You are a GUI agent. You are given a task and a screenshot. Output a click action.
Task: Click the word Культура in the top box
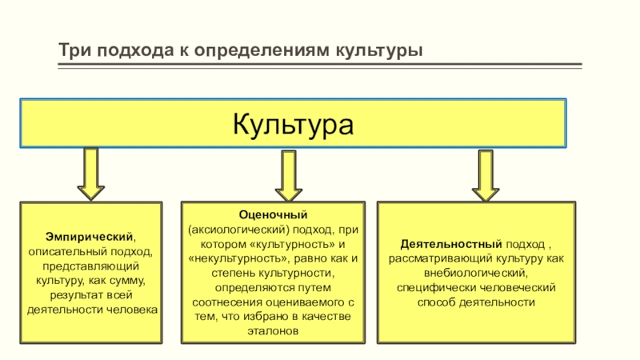(293, 125)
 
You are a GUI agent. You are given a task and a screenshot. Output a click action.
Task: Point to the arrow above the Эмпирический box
(91, 174)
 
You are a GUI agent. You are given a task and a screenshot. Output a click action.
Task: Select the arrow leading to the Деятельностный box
(485, 175)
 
